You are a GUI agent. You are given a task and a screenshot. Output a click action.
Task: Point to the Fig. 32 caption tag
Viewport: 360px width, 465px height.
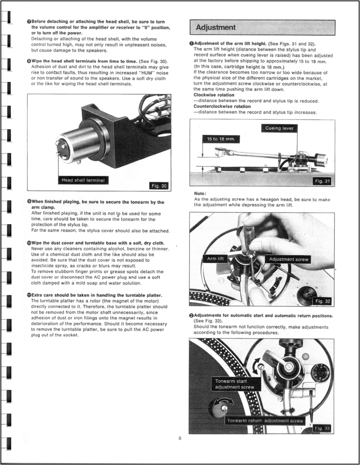(322, 301)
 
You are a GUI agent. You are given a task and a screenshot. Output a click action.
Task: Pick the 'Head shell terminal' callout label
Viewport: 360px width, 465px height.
(83, 180)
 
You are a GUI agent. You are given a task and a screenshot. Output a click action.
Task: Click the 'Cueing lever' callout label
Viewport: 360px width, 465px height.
(279, 128)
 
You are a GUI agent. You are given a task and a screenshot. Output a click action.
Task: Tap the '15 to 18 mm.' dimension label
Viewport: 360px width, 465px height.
(221, 139)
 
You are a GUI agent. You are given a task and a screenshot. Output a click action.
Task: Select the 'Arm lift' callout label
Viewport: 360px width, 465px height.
(215, 259)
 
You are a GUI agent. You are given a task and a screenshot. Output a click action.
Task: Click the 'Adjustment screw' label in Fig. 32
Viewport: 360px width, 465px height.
(288, 259)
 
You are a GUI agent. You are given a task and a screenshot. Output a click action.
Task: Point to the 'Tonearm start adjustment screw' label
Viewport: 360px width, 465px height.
(235, 384)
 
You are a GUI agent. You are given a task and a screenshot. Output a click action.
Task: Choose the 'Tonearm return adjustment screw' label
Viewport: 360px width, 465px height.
(265, 421)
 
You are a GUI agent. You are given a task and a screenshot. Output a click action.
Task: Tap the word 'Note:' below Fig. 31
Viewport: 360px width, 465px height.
(200, 193)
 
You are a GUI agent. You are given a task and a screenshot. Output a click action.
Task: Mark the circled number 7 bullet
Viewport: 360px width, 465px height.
(29, 21)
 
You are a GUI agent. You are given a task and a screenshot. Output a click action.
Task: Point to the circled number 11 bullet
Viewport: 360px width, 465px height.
(29, 295)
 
